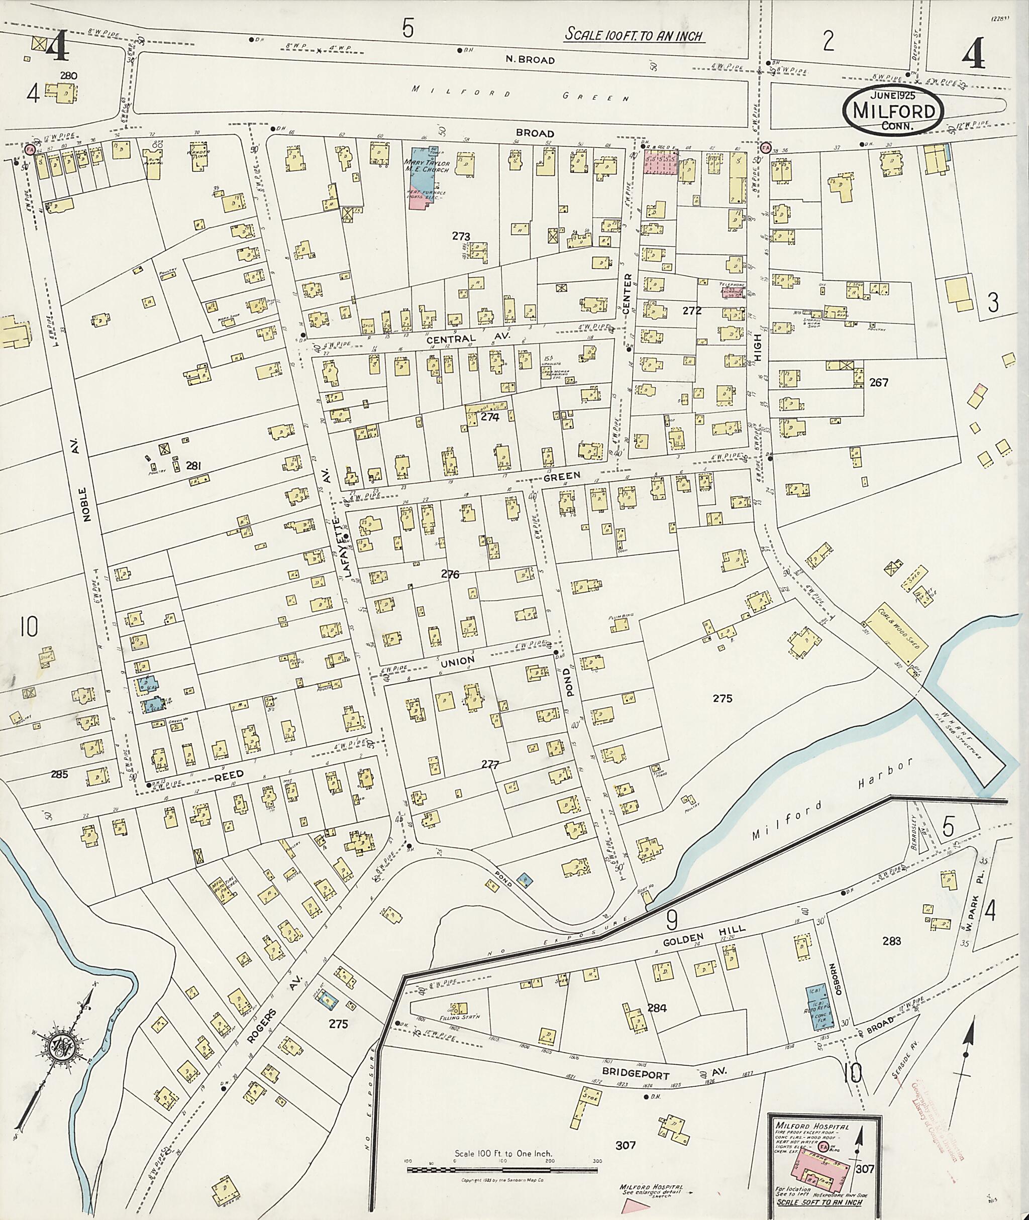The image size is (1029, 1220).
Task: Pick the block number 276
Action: click(450, 574)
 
